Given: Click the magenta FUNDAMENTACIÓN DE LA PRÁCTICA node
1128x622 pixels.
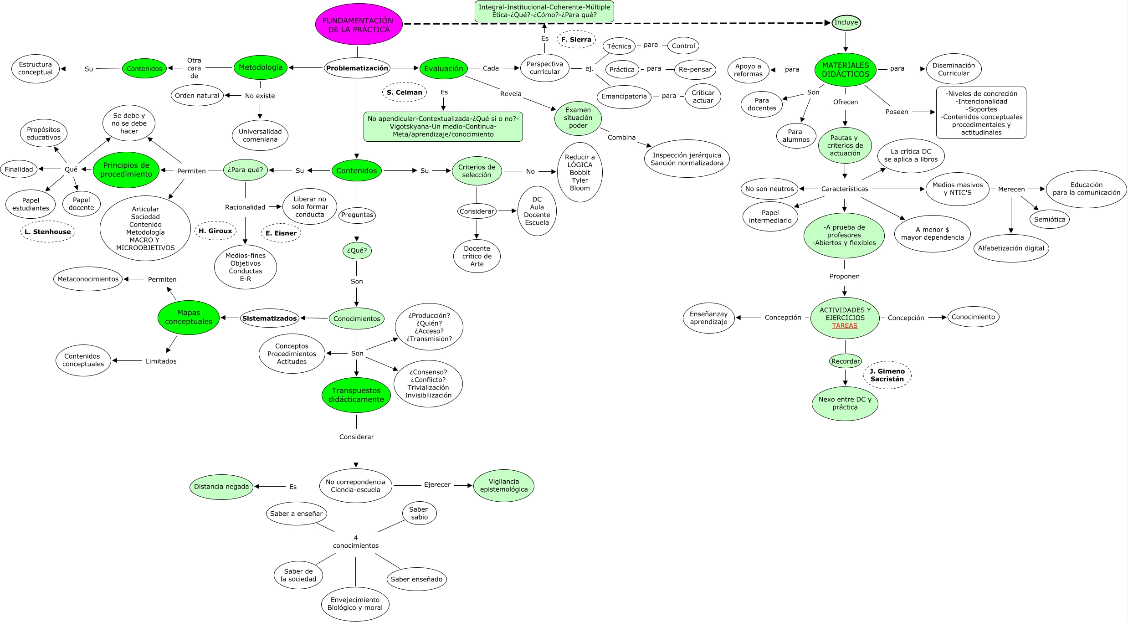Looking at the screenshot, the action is click(359, 25).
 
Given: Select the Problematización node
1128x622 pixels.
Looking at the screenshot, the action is click(357, 68).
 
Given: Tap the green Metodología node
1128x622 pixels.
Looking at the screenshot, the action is click(261, 67).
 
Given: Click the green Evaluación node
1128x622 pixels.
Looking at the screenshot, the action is click(444, 68).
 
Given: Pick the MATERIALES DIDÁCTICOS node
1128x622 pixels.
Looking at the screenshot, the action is click(846, 70).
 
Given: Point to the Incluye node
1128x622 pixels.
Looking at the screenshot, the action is click(846, 22).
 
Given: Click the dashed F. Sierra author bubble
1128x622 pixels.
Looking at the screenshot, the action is click(576, 40).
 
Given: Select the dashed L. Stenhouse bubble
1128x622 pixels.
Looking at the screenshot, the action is click(48, 231).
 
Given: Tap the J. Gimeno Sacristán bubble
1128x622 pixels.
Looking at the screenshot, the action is click(887, 375).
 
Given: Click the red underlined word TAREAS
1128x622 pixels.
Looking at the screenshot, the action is click(845, 325).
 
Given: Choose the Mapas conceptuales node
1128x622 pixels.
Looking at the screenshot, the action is click(189, 317).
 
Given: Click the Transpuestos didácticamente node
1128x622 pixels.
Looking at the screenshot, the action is click(356, 395).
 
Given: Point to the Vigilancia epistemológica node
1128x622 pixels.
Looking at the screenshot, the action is click(504, 485).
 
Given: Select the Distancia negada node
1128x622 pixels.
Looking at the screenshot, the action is click(221, 487).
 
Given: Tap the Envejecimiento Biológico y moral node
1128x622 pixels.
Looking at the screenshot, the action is click(355, 604).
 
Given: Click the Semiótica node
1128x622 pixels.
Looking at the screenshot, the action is click(1050, 219).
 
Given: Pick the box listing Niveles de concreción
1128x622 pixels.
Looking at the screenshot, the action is click(981, 113).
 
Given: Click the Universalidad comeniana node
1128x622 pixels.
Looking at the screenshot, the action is click(260, 135).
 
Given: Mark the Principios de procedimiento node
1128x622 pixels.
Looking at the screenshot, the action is click(126, 170).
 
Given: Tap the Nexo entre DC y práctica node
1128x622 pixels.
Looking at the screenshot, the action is click(845, 403).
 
